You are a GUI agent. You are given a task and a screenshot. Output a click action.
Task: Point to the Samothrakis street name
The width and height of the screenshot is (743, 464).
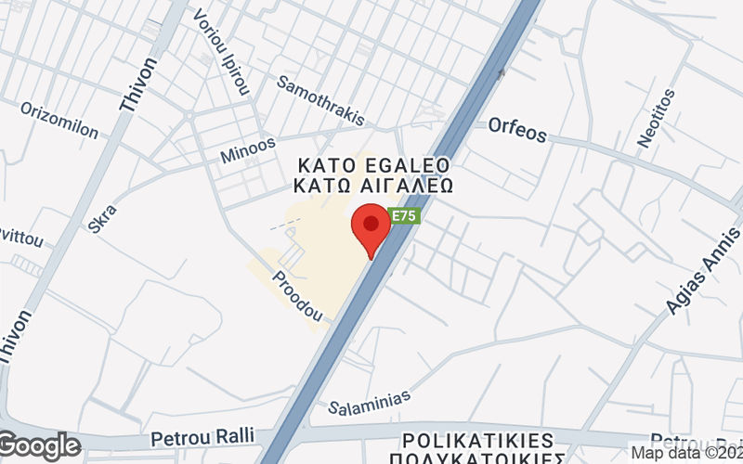coord(321,99)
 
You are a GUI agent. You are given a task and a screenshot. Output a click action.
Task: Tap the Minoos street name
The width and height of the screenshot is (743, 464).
coord(248,151)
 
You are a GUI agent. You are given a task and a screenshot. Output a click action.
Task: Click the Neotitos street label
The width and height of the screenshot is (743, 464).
coord(658,118)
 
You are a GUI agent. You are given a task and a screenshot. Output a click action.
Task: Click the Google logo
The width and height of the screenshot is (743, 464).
coord(40,446)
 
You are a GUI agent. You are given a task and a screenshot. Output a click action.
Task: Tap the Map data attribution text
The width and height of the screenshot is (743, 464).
coord(685,453)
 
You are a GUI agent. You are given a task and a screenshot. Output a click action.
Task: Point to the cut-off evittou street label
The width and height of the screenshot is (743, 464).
coord(20,238)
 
